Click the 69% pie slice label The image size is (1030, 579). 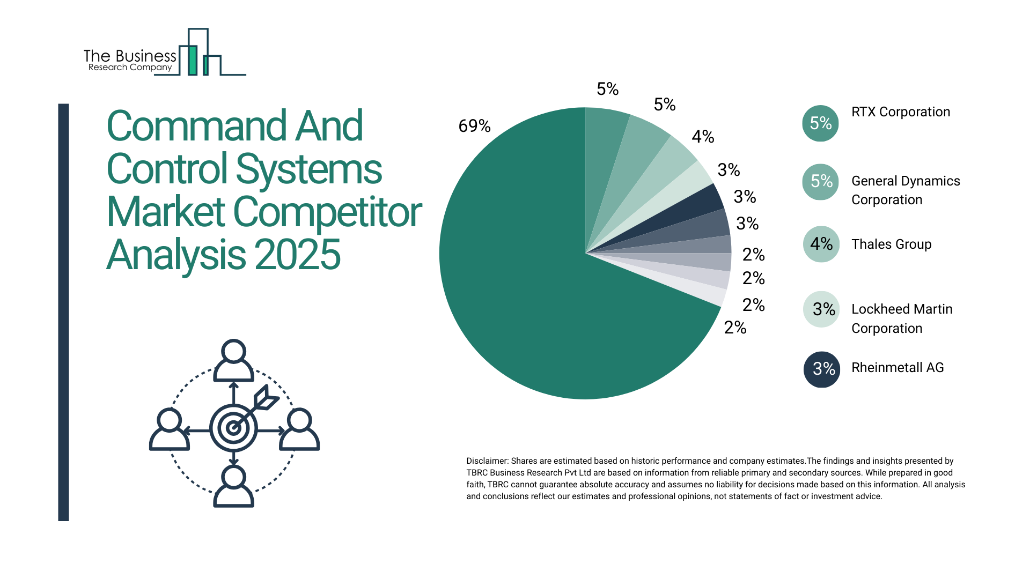click(x=474, y=126)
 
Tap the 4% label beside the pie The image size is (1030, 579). click(x=703, y=137)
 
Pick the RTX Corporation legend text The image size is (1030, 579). click(x=901, y=112)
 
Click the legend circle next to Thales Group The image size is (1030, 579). click(x=821, y=244)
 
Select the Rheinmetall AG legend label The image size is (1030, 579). click(x=897, y=368)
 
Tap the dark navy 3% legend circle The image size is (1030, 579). click(x=821, y=369)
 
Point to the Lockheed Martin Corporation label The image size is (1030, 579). click(x=902, y=318)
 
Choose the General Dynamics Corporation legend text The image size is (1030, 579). click(x=906, y=190)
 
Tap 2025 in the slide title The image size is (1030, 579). click(x=297, y=255)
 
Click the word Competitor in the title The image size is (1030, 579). click(x=327, y=212)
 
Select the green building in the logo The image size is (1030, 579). click(x=193, y=60)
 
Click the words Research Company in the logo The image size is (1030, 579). click(x=130, y=68)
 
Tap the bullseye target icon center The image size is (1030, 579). click(x=233, y=428)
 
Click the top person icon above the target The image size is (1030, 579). click(x=233, y=360)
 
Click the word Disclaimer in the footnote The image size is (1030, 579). click(x=487, y=461)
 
